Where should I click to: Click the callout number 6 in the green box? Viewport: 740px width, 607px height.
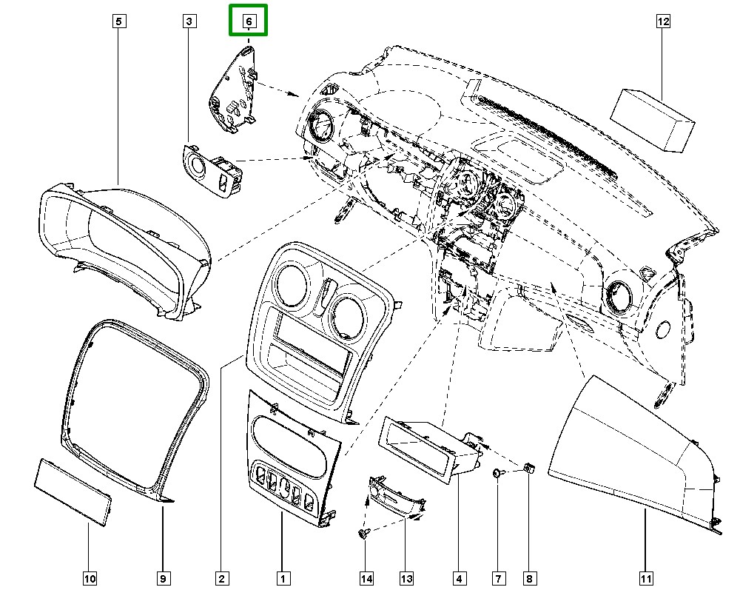point(249,21)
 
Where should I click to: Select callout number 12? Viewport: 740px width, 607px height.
point(663,21)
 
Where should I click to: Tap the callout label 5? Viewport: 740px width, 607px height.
point(118,21)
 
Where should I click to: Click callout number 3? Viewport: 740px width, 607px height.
point(189,21)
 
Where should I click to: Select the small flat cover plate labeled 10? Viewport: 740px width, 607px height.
point(73,492)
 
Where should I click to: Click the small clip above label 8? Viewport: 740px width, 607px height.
point(529,468)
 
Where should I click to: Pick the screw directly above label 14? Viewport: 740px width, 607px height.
point(363,532)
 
